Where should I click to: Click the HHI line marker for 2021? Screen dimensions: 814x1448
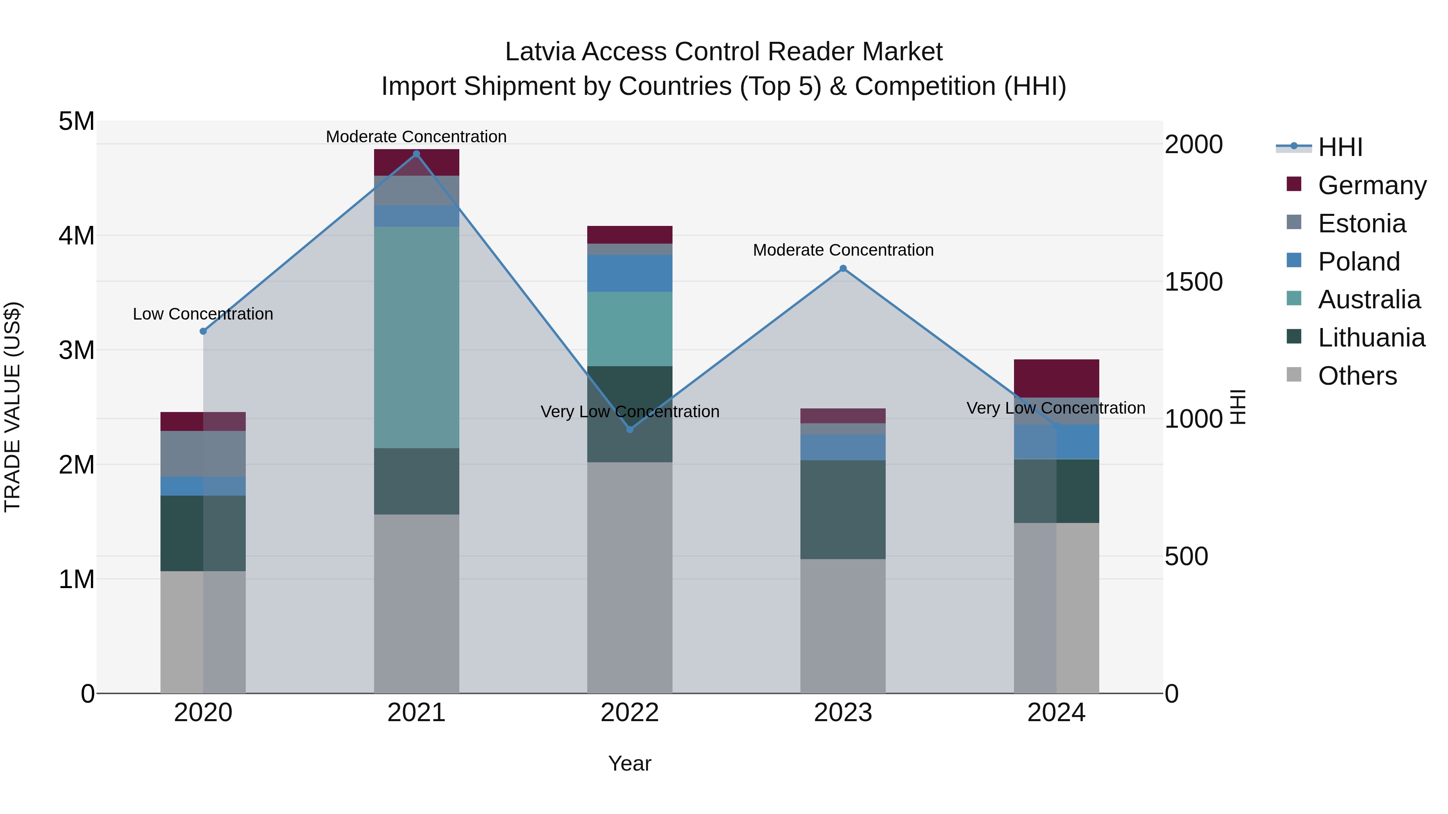417,154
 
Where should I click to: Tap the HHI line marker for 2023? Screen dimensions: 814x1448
843,269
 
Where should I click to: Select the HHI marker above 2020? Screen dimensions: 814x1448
204,332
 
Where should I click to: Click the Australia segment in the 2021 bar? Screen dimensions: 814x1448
417,337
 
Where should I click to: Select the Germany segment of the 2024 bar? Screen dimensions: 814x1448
1056,378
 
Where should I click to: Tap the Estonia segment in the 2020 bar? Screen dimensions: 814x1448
204,454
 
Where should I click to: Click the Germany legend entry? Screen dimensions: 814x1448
1372,185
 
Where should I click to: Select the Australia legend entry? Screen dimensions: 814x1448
1369,299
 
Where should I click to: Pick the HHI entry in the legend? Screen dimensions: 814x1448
1340,147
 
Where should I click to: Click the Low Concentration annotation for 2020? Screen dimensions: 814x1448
203,314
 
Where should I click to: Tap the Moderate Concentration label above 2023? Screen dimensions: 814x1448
843,250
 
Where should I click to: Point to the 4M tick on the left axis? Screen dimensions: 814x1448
76,236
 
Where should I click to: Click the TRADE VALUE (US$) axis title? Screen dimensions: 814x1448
12,407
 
